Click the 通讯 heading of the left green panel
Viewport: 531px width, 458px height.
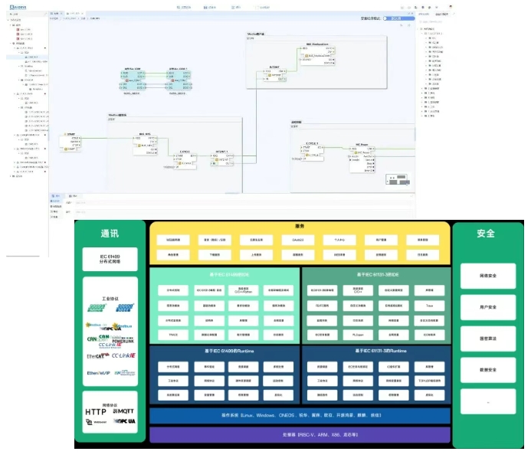coord(110,234)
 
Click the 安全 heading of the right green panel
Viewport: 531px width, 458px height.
coord(486,234)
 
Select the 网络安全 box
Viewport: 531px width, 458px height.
coord(487,276)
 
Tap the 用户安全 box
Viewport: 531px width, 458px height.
coord(487,307)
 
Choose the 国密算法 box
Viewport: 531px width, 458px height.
coord(487,339)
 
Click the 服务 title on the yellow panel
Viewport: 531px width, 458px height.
coord(300,226)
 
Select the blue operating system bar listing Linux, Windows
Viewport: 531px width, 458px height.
coord(300,415)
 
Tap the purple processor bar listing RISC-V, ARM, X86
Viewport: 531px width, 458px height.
coord(300,434)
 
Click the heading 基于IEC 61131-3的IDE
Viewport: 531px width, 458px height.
coord(375,273)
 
